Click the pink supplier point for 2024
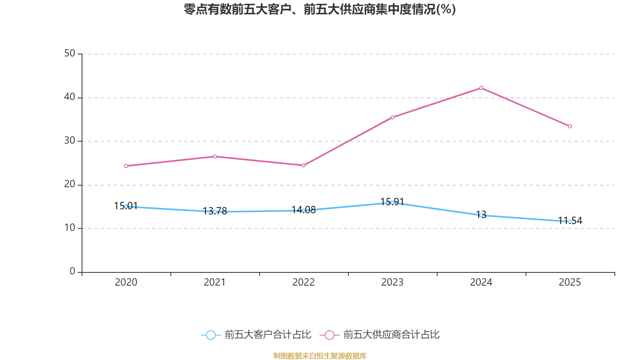coord(481,88)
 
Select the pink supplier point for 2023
coord(392,117)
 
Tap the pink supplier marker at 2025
coord(570,126)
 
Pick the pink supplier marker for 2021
coord(215,156)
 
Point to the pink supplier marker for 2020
coord(126,166)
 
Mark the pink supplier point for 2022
coord(304,165)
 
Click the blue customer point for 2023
coord(392,202)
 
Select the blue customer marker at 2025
coord(570,222)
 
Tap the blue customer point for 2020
coord(126,206)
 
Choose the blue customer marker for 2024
coord(481,215)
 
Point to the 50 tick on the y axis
coord(70,54)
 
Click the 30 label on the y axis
coord(70,141)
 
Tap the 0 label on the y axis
coord(72,272)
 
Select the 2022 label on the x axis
coord(304,282)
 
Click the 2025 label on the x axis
coord(570,282)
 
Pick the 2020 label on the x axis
coord(126,282)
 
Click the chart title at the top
coord(320,9)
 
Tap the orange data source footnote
coord(320,356)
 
